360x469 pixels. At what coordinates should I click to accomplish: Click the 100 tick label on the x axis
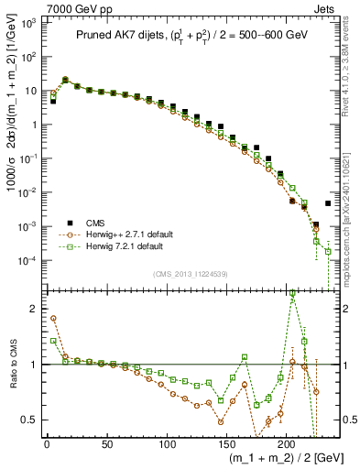[166, 444]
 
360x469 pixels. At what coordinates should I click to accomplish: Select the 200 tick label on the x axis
[286, 444]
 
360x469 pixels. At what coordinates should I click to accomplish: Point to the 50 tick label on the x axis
[106, 444]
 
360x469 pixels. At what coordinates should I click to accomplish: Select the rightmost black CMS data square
[328, 203]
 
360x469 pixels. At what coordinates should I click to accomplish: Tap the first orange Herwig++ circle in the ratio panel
[53, 318]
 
